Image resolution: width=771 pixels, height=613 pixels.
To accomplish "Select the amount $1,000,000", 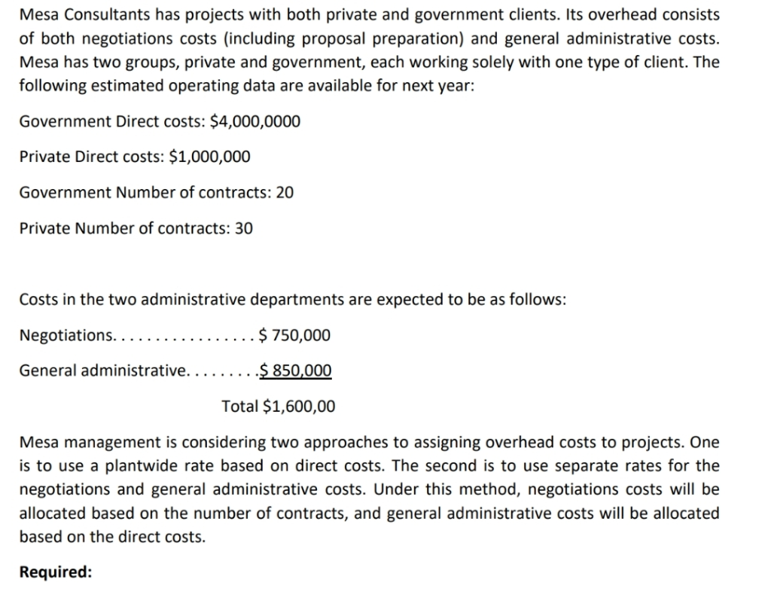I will click(212, 157).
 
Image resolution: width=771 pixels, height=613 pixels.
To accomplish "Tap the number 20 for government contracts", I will click(285, 192).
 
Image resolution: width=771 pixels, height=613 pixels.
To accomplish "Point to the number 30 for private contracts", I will click(244, 227).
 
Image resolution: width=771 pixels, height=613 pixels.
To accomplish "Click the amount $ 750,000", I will click(294, 334).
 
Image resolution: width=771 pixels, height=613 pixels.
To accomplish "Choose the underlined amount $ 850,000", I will click(294, 371).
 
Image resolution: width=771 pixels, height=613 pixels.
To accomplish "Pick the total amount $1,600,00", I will click(300, 407).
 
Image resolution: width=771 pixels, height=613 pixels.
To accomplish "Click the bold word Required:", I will click(56, 572).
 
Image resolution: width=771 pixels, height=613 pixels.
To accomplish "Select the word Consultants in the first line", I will click(105, 15).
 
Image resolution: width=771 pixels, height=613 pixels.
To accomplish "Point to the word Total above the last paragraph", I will click(240, 407).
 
